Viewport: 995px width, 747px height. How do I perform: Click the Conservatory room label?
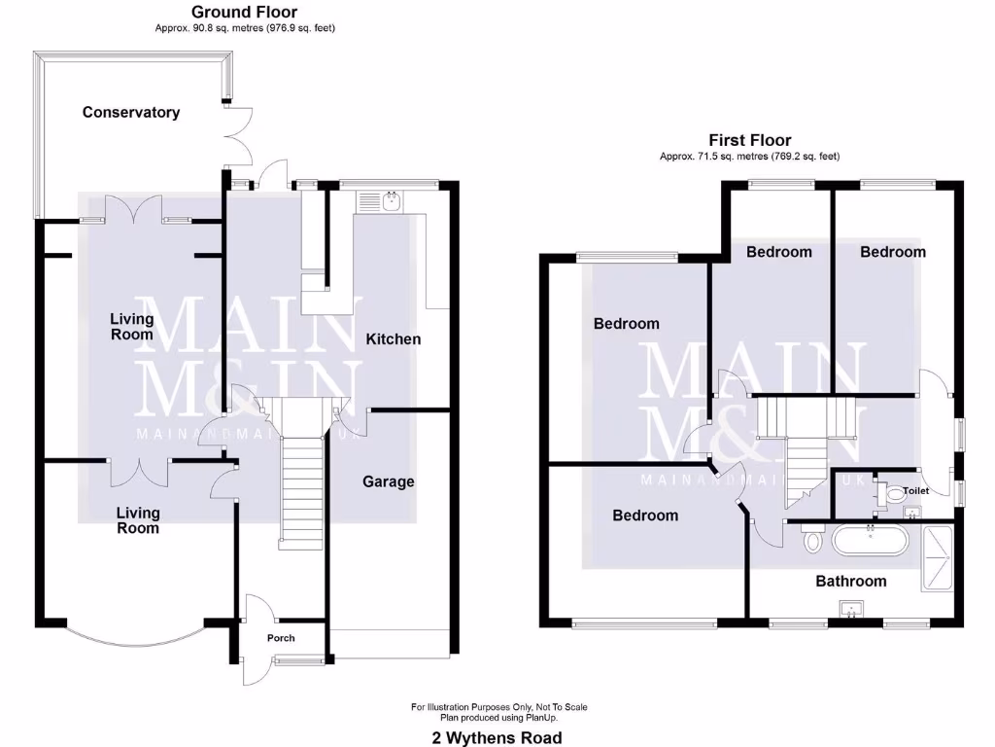[x=131, y=112]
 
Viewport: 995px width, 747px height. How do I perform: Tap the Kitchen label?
[x=393, y=338]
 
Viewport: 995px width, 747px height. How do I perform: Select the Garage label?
[x=389, y=481]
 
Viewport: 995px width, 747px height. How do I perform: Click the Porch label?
[x=281, y=638]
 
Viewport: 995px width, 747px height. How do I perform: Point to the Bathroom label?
[x=850, y=581]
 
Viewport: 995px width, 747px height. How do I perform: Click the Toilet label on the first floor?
[x=915, y=491]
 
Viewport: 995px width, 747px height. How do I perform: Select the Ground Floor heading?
[x=244, y=12]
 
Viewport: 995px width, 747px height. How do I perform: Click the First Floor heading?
[x=749, y=140]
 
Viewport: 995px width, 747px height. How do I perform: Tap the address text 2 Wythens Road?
[x=497, y=737]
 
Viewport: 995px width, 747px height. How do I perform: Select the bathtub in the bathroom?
[x=870, y=540]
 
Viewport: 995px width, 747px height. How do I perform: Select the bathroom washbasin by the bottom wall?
[x=853, y=610]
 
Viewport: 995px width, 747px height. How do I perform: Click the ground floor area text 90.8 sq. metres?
[x=245, y=28]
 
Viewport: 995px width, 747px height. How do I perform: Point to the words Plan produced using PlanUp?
[x=497, y=717]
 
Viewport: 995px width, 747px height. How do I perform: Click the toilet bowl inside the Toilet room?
[x=895, y=494]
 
